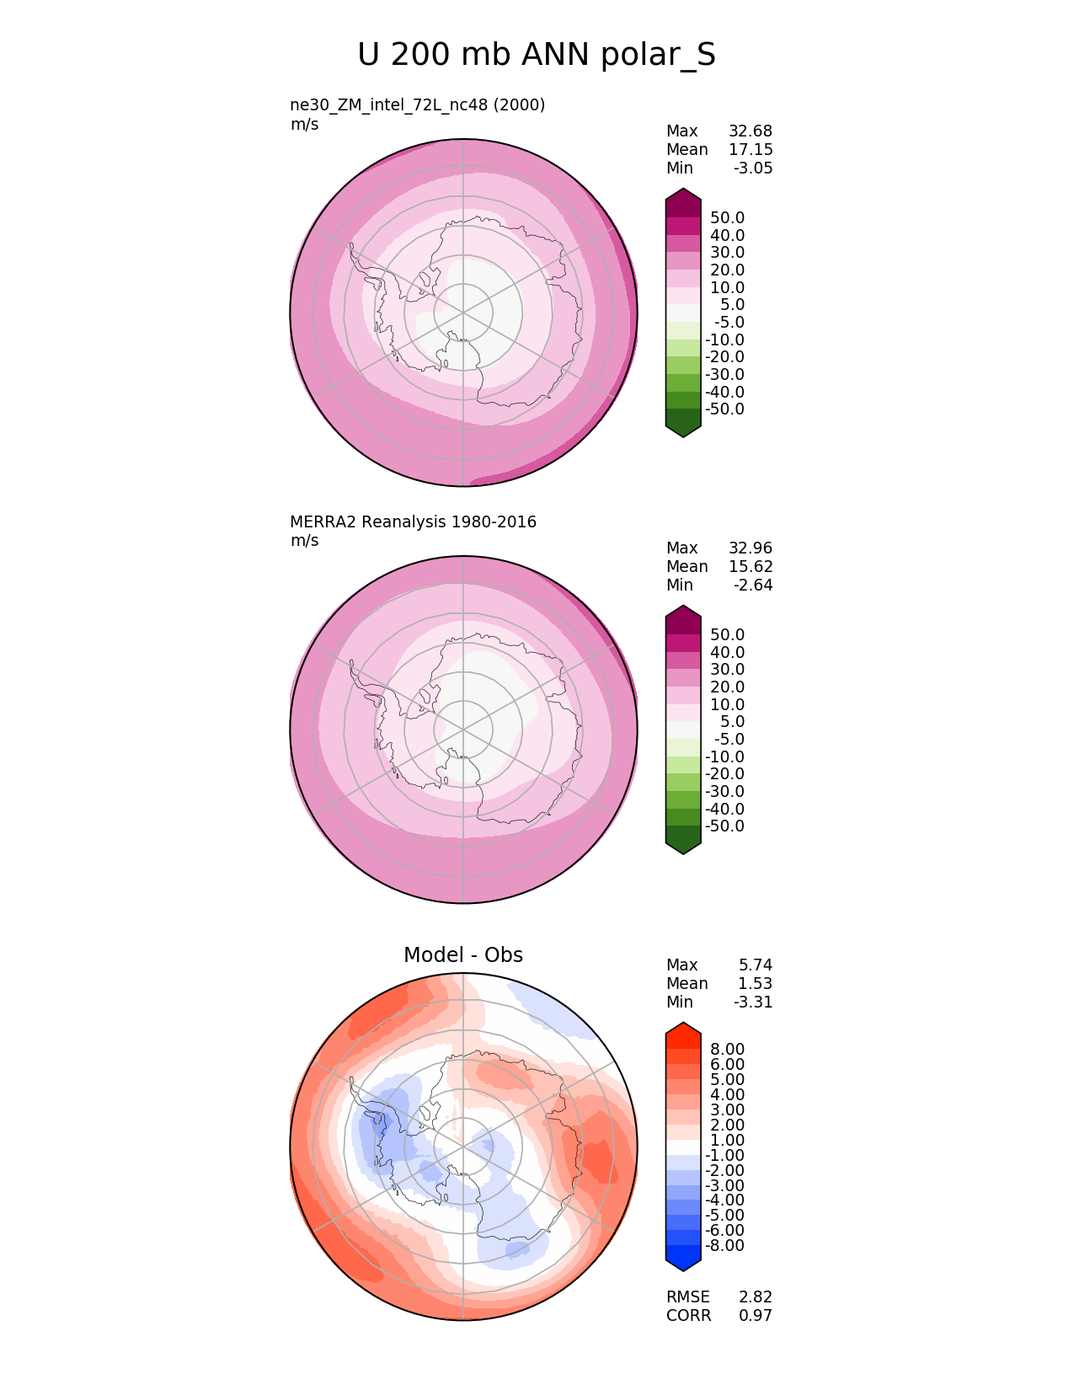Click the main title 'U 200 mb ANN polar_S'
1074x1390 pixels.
tap(537, 56)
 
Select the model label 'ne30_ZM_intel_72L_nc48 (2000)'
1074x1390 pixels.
tap(418, 105)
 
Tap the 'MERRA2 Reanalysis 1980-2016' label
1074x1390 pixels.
tap(413, 522)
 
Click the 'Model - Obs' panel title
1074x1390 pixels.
tap(463, 955)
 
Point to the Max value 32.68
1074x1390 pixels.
tap(750, 131)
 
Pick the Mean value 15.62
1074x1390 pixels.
tap(750, 567)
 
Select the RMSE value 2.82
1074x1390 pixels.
tap(756, 1297)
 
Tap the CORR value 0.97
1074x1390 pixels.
tap(756, 1316)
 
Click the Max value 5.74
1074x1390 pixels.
tap(756, 965)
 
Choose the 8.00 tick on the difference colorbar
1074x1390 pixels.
tap(727, 1049)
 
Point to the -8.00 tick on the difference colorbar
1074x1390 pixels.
tap(724, 1246)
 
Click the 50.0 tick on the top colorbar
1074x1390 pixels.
tap(727, 218)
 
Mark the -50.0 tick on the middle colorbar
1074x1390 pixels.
tap(724, 826)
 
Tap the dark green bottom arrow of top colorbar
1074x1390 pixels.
tap(683, 423)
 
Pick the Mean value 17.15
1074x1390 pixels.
tap(750, 150)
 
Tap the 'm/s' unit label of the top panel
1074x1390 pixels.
tap(304, 125)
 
